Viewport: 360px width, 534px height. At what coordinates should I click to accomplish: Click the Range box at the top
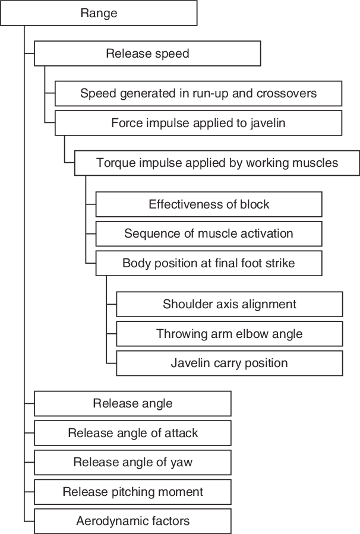[x=99, y=13]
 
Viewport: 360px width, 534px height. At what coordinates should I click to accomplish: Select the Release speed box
[x=147, y=53]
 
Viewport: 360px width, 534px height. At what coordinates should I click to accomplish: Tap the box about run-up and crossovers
[x=198, y=93]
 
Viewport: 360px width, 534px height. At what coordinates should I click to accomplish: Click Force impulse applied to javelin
[x=198, y=123]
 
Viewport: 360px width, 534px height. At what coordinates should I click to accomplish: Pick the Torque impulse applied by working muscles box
[x=217, y=163]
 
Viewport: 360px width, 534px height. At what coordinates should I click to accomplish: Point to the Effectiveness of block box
[x=209, y=204]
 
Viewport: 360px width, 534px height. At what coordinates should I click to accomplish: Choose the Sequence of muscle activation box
[x=209, y=233]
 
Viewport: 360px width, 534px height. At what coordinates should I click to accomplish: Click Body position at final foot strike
[x=209, y=263]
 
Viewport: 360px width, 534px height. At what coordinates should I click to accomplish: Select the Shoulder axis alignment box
[x=229, y=304]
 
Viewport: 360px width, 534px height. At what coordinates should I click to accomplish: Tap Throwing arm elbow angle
[x=229, y=334]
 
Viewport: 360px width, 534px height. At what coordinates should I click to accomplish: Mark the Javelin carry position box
[x=229, y=363]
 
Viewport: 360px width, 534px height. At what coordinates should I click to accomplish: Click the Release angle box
[x=132, y=403]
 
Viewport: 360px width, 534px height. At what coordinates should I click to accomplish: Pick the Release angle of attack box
[x=132, y=433]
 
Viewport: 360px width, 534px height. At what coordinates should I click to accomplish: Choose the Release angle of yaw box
[x=132, y=462]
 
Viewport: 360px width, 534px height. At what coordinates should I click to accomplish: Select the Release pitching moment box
[x=132, y=492]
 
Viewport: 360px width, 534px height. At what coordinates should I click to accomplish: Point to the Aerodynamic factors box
[x=132, y=521]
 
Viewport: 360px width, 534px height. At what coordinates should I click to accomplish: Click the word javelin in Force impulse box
[x=267, y=123]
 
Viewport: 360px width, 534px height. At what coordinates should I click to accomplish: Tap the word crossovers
[x=286, y=93]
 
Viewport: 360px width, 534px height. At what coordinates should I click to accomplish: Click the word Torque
[x=114, y=163]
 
